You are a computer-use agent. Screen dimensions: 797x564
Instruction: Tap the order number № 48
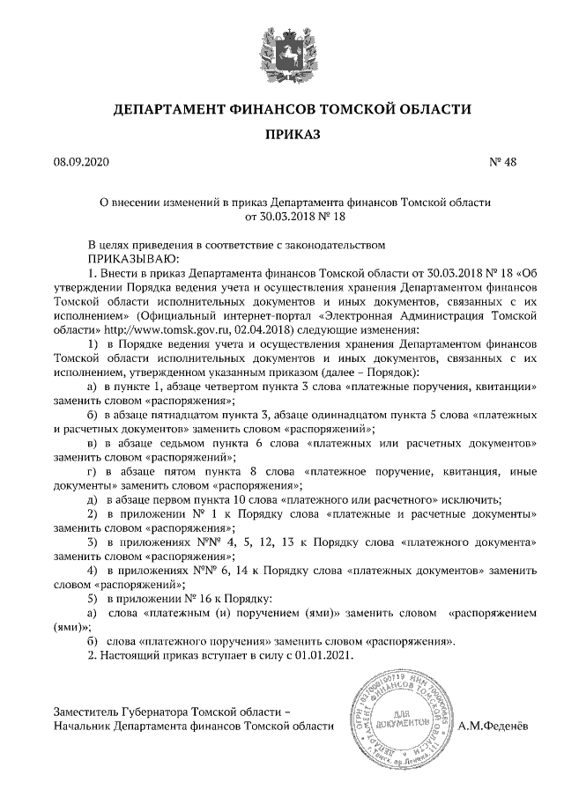pos(501,162)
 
